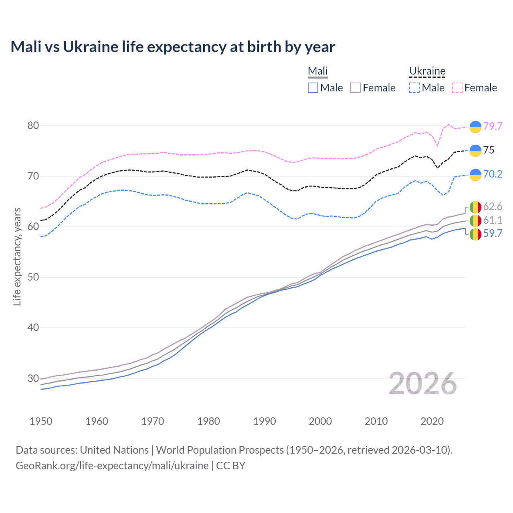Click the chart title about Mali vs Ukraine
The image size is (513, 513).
[173, 47]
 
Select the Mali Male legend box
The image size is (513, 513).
[313, 88]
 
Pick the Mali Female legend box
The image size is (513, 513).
[355, 88]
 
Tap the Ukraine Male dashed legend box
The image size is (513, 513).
[414, 88]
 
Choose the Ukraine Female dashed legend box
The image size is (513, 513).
[457, 88]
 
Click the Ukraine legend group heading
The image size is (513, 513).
[427, 71]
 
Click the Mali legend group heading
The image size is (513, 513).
[318, 71]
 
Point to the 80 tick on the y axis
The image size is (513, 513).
[33, 126]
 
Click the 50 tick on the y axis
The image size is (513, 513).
[33, 277]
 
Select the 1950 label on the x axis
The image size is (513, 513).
[41, 421]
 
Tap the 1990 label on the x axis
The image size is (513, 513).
[265, 421]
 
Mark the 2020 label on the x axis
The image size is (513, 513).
[432, 421]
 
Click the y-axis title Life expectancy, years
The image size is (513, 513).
[17, 256]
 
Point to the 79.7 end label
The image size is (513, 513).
[493, 126]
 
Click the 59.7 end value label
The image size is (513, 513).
[493, 234]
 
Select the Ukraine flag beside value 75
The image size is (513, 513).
[475, 150]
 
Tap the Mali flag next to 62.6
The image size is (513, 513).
[475, 207]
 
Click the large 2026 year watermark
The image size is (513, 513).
[423, 384]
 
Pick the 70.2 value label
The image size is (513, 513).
[493, 174]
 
